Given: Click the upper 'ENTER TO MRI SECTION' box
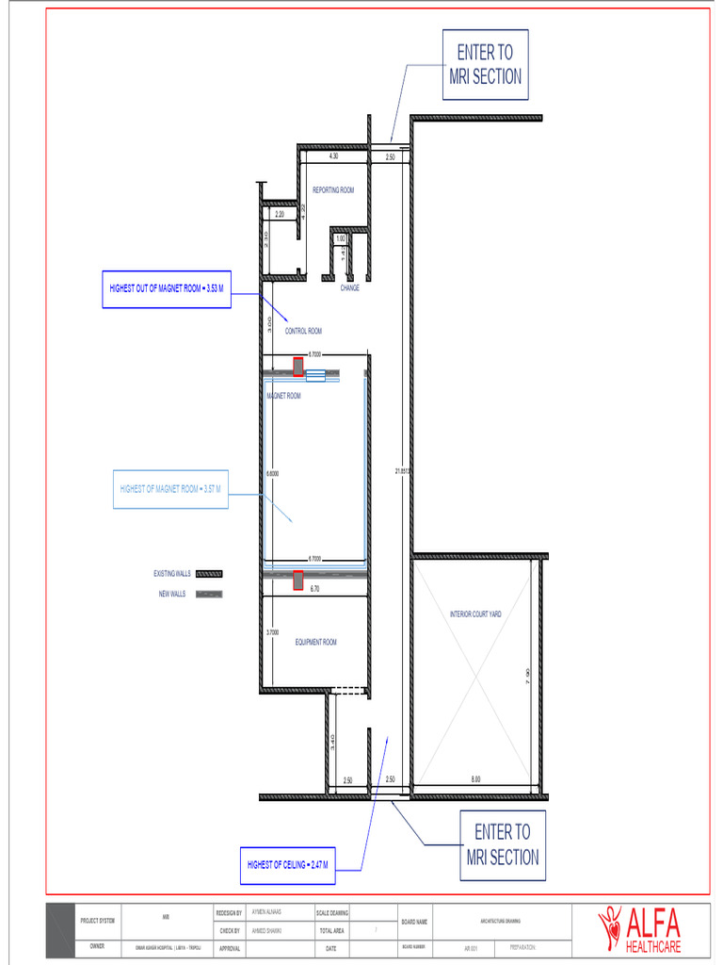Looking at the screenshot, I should (485, 64).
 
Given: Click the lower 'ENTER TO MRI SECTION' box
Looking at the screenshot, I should (503, 844).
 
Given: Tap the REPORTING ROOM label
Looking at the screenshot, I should (333, 190).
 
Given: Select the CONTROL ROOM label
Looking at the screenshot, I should (303, 332).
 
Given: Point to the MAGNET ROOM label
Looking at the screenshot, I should (283, 397).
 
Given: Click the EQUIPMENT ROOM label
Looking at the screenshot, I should (315, 643).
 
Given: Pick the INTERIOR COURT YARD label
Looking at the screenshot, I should (475, 614).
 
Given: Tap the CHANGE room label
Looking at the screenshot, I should (349, 288).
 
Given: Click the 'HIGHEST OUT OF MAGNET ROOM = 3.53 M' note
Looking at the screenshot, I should (165, 289).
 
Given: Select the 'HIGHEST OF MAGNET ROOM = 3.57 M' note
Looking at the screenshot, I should (170, 489).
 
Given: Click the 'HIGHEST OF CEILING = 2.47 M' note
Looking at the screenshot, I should (287, 865).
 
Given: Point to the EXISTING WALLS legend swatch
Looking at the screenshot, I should (208, 574).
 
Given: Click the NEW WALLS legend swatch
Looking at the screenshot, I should (209, 595).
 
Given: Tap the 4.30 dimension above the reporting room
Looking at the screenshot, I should (333, 156).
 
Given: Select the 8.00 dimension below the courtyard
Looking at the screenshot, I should (475, 779).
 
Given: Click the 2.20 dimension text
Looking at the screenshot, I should (280, 215).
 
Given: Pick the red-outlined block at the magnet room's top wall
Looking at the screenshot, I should (298, 367).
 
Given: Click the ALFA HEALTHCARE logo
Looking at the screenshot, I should (639, 929).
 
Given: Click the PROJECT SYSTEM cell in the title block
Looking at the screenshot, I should (97, 921).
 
